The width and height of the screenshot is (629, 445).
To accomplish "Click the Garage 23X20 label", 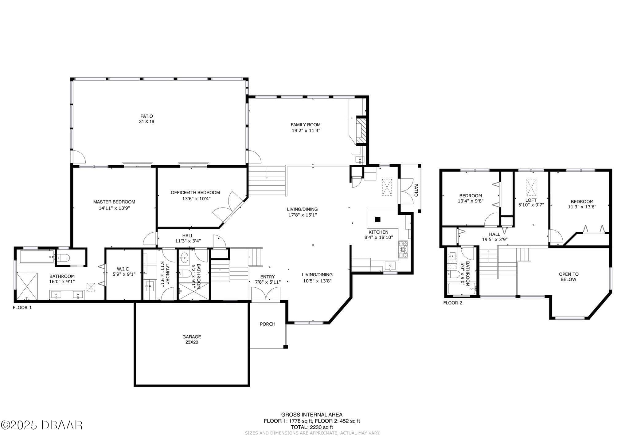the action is tap(192, 339).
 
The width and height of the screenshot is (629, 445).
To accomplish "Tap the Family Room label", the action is tap(306, 125).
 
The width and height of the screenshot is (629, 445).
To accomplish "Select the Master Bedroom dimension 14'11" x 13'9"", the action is tap(114, 208).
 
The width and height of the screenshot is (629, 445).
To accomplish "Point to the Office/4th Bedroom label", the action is tap(195, 193).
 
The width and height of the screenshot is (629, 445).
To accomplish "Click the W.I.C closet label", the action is tap(123, 269).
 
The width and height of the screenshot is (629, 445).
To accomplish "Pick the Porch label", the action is tap(268, 324).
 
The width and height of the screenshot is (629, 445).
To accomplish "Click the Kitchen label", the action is tap(378, 232).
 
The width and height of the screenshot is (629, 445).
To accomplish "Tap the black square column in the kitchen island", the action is tap(378, 219).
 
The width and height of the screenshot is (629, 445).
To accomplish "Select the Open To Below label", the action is tap(568, 277).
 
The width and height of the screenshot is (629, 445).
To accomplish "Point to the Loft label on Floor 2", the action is tap(531, 200).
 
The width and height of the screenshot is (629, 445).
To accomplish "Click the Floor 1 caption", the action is tap(22, 307).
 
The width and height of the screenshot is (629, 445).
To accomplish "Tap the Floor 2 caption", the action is tap(453, 303).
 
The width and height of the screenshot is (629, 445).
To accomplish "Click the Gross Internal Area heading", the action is tap(312, 415).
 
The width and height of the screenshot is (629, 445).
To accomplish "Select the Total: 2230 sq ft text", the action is tap(312, 427).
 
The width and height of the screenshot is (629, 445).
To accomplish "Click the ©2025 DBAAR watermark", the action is tap(42, 425).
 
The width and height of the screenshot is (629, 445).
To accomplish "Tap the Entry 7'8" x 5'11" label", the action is tap(268, 279).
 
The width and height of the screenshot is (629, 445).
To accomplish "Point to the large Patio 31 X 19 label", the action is tap(147, 119).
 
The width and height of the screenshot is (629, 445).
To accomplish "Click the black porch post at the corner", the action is tap(286, 347).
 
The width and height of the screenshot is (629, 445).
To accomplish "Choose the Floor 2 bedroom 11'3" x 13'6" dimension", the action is tap(582, 207).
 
